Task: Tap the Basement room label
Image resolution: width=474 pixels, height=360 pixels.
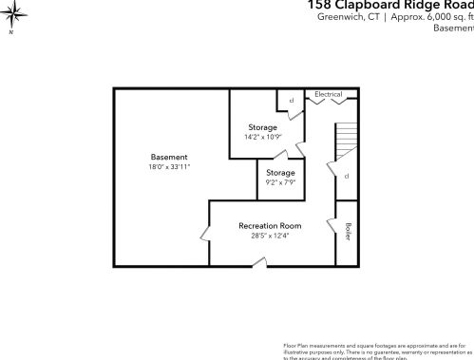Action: pos(169,157)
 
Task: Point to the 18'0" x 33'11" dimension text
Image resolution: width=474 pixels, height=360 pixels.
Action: pos(169,167)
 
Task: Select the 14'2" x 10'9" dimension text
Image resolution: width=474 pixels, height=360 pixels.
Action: pos(263,137)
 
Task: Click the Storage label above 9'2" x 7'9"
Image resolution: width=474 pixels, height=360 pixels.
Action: pos(280,172)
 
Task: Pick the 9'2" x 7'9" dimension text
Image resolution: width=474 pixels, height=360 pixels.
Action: pos(280,182)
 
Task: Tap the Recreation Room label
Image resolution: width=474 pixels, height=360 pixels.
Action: pos(270,225)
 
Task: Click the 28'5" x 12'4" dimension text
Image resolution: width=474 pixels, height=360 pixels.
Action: pos(270,236)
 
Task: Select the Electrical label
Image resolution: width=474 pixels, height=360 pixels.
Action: pos(328,95)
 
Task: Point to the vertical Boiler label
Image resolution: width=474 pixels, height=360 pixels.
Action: pos(348,231)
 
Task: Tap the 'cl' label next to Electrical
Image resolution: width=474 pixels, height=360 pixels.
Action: pos(291,99)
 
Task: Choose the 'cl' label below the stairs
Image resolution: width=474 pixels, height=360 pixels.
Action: pos(347,177)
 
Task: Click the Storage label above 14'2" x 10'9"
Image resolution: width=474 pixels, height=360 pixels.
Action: pos(263,127)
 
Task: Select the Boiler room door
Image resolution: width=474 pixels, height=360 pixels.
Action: pos(333,226)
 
